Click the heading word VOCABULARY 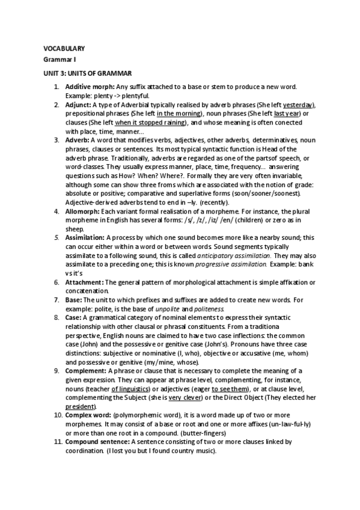64,48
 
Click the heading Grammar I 59,60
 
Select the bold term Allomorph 82,212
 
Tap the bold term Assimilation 85,238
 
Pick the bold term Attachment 85,282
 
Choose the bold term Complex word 87,416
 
